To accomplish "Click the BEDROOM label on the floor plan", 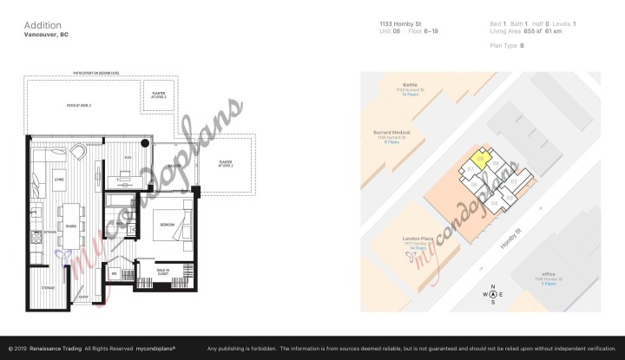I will pos(168,225).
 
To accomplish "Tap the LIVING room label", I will pos(60,180).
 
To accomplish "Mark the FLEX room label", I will pos(127,158).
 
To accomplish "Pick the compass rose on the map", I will pos(493,293).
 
